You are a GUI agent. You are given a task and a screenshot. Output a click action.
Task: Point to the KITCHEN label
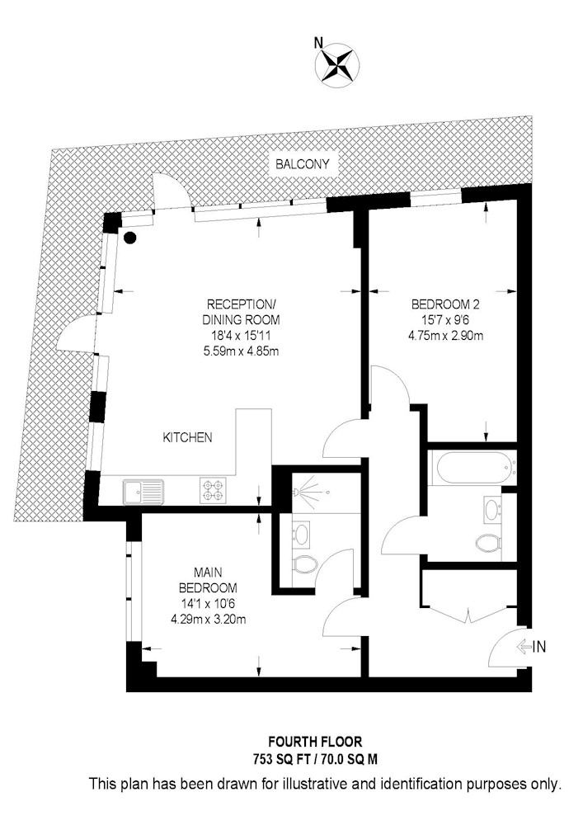point(188,438)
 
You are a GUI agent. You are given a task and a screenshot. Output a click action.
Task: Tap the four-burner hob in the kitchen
point(212,491)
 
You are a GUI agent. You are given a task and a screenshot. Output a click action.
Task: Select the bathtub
point(472,469)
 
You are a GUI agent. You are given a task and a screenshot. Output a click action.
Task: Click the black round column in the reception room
point(130,238)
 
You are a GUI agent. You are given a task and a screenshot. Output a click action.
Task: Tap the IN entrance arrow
point(533,647)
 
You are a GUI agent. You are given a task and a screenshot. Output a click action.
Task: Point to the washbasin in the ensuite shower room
point(302,534)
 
